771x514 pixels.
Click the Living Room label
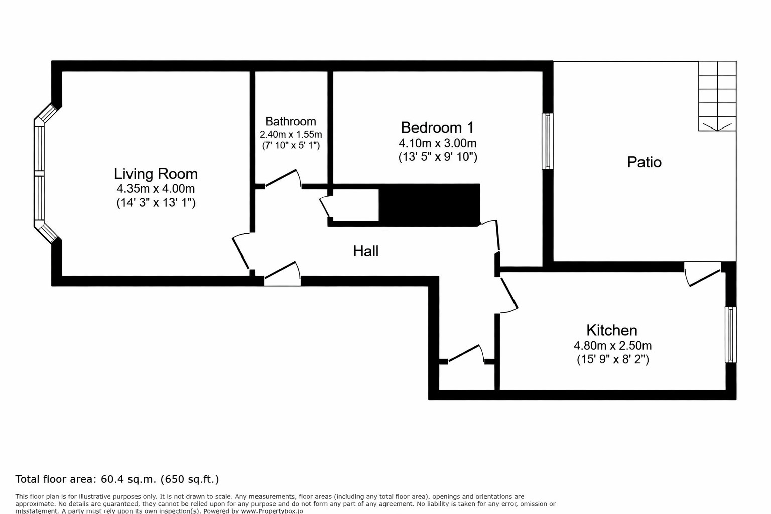tap(156, 174)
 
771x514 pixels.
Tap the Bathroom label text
tap(291, 121)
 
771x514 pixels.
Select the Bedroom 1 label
tap(437, 127)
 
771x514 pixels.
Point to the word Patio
tap(644, 162)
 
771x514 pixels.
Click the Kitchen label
tap(612, 330)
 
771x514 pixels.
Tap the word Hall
tap(365, 251)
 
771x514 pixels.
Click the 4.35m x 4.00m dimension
tap(156, 189)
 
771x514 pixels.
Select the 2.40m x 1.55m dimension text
tap(291, 134)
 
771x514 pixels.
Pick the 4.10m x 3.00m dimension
tap(437, 143)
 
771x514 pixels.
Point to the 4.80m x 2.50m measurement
tap(612, 346)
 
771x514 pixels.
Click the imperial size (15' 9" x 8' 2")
tap(612, 359)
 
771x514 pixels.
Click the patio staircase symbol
tap(717, 96)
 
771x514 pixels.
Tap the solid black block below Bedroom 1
tap(429, 204)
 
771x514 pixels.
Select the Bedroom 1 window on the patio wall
tap(548, 141)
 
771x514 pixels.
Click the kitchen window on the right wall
tap(730, 334)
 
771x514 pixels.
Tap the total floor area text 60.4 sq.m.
tap(117, 479)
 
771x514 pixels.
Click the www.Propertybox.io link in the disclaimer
tap(272, 511)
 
